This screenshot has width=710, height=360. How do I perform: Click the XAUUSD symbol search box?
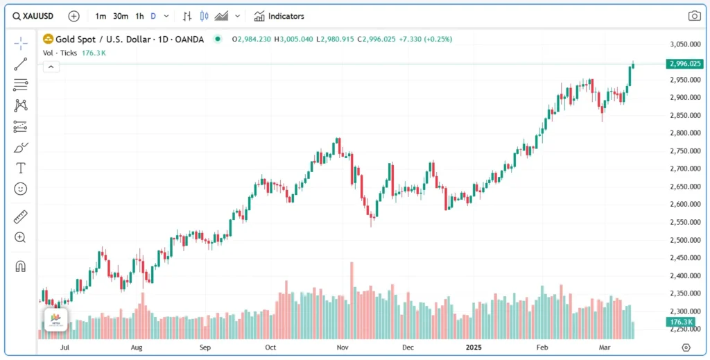(x=35, y=16)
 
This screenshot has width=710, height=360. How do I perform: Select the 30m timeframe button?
(x=121, y=16)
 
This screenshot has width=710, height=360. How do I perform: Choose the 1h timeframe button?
(x=139, y=16)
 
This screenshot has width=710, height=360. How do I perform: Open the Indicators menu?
(x=279, y=16)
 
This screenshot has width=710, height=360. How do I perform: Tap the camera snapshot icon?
(x=694, y=16)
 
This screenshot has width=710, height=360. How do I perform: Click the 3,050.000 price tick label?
(x=684, y=44)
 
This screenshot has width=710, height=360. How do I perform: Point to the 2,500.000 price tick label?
(x=684, y=240)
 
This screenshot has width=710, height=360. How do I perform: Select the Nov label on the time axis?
(x=342, y=347)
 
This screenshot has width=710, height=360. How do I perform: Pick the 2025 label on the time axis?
(x=474, y=347)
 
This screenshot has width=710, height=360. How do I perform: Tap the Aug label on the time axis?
(x=137, y=347)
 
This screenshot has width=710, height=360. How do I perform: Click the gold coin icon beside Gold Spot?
(x=48, y=39)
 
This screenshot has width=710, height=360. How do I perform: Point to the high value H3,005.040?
(x=294, y=39)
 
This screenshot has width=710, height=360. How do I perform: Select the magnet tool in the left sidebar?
(x=21, y=266)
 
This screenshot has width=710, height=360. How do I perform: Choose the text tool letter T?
(x=21, y=168)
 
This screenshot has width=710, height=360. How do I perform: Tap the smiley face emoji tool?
(x=21, y=189)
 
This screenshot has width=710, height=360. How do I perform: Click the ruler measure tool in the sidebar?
(x=21, y=217)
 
